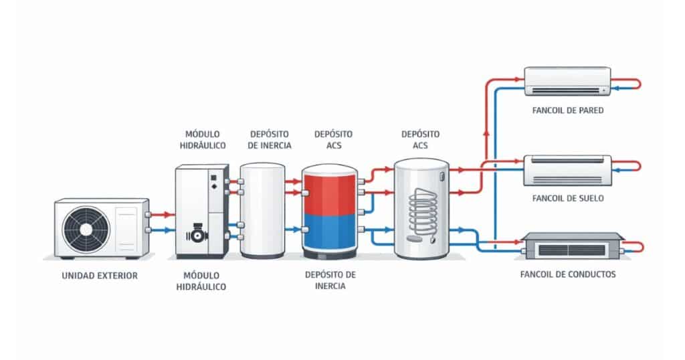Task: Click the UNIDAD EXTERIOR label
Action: (x=99, y=275)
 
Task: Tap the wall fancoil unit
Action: (x=567, y=80)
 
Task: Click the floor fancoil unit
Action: (x=567, y=170)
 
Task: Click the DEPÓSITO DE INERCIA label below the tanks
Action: (x=330, y=280)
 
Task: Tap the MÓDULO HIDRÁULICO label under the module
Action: (x=201, y=280)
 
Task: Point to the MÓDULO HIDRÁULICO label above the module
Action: (x=201, y=140)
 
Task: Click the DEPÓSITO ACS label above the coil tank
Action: (x=421, y=140)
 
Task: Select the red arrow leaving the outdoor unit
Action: (x=161, y=215)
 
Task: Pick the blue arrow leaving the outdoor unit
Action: (x=161, y=231)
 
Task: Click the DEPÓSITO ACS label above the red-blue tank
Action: (x=333, y=140)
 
